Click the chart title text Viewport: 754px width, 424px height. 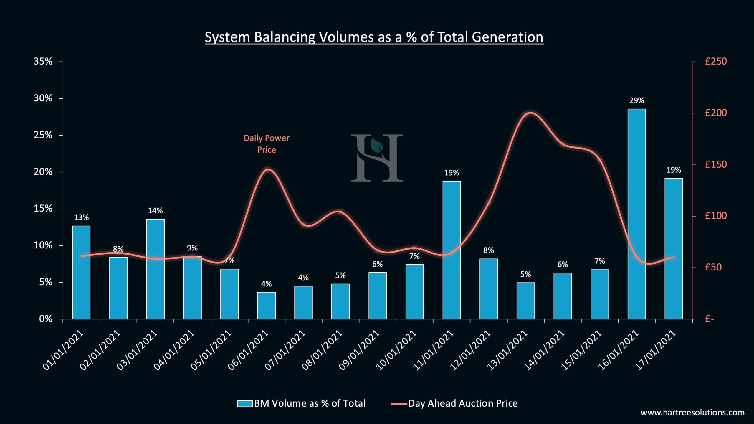coord(374,37)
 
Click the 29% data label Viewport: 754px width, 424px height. coord(636,101)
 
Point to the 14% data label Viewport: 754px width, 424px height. coord(155,211)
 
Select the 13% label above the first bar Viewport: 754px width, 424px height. coord(81,218)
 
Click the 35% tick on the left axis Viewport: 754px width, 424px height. coord(43,62)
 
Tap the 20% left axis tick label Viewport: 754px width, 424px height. coord(43,172)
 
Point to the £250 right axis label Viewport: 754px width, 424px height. coord(716,62)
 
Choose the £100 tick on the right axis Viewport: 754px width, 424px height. coord(716,216)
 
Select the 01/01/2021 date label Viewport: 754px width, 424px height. coord(63,351)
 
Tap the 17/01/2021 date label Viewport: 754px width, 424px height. coord(656,351)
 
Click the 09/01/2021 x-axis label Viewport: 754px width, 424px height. coord(359,351)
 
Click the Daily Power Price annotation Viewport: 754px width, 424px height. coord(266,144)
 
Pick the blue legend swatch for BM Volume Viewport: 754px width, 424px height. coord(245,404)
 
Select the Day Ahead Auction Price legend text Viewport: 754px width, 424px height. coord(463,404)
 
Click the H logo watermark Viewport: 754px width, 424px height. coord(377,158)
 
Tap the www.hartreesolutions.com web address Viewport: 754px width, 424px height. coord(692,413)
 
